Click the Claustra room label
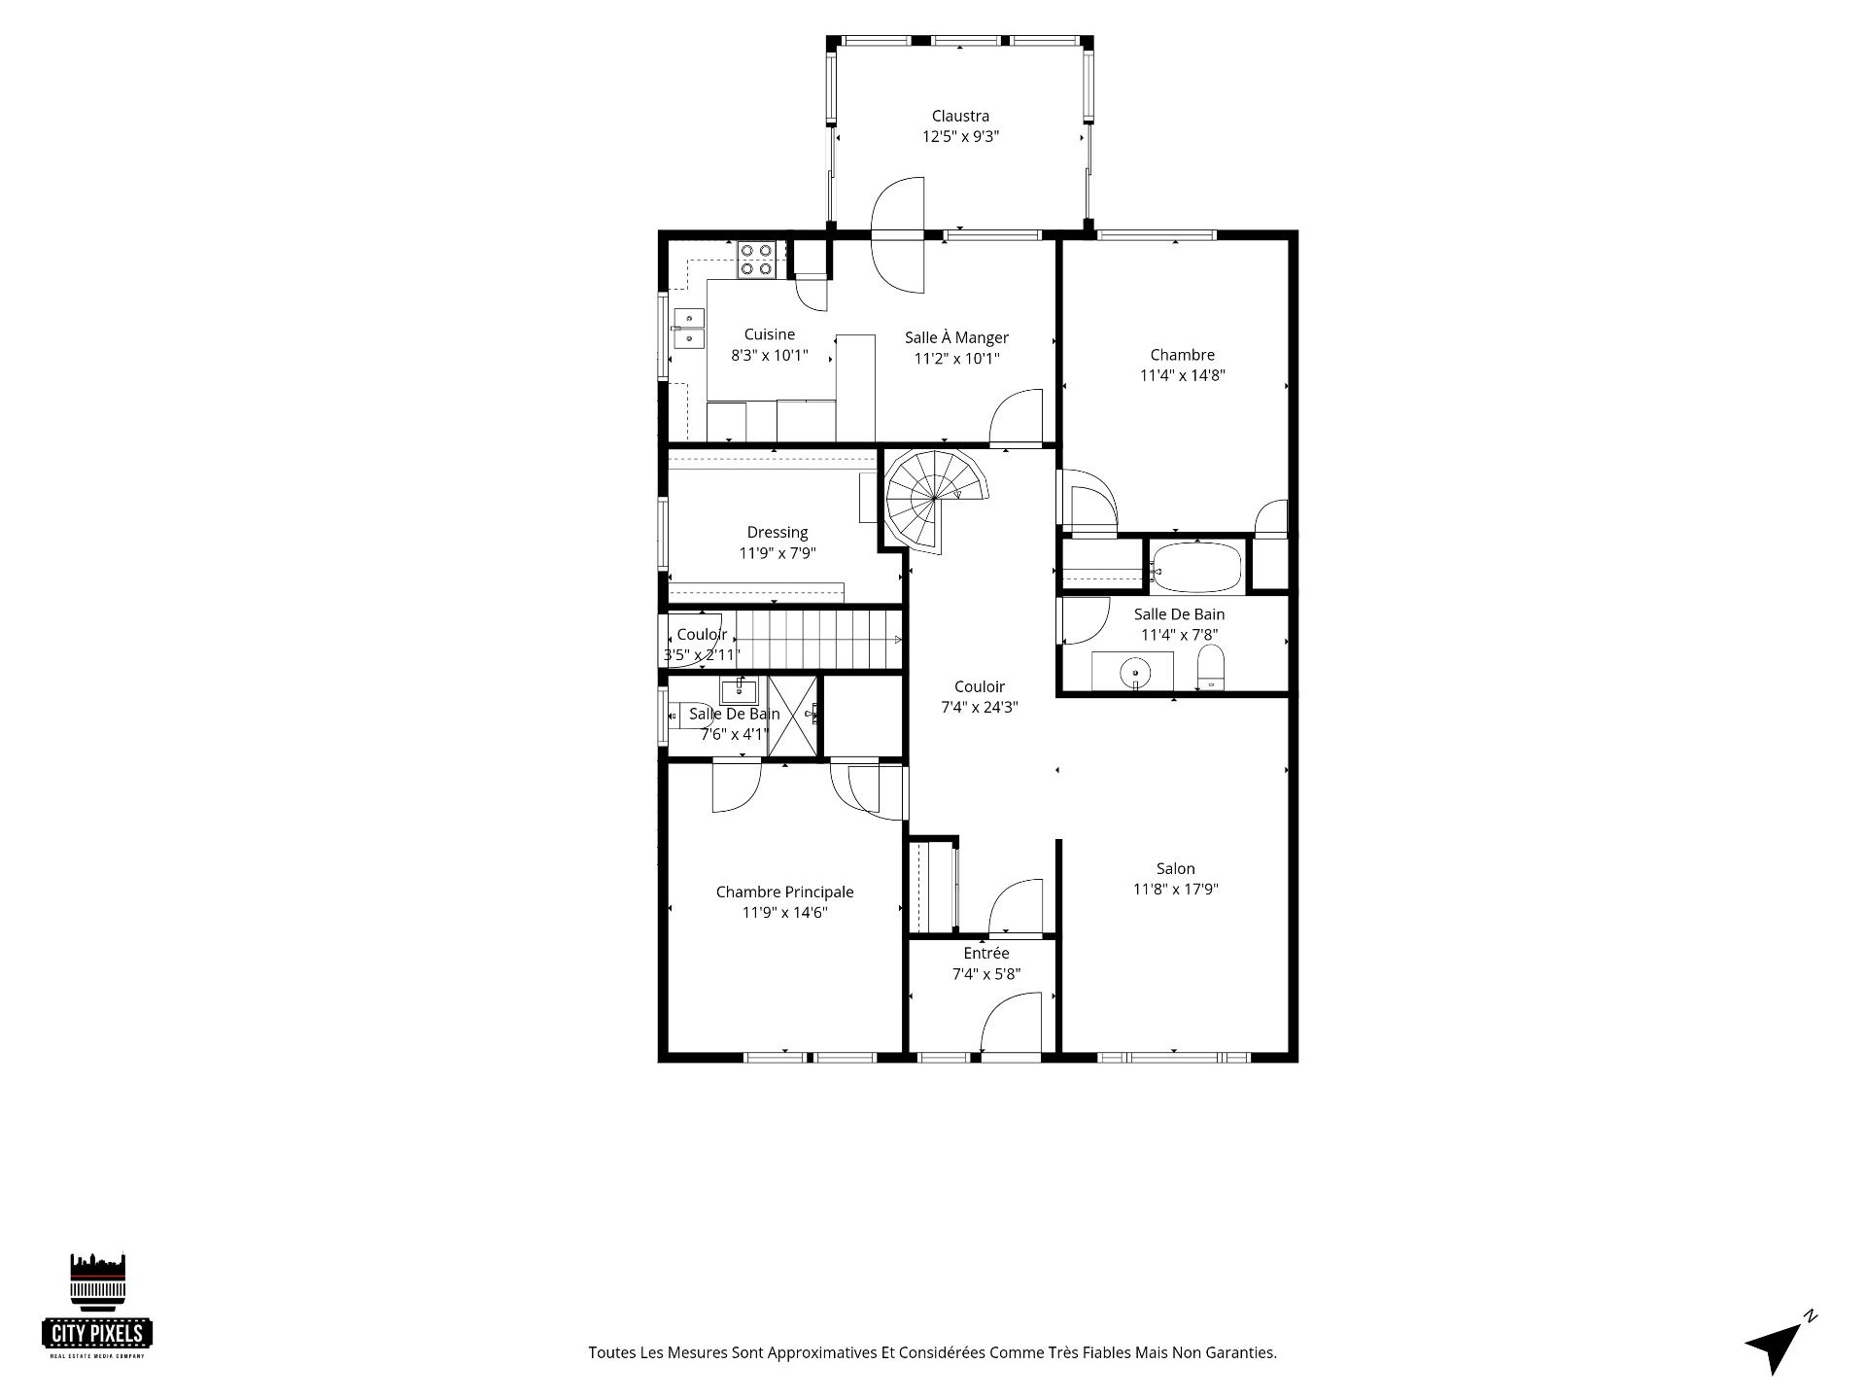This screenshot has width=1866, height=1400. click(960, 117)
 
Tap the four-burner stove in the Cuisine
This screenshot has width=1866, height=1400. click(756, 260)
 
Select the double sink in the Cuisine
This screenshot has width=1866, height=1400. click(688, 328)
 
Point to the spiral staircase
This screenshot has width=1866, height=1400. click(934, 499)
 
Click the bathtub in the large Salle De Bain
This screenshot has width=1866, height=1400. click(1196, 568)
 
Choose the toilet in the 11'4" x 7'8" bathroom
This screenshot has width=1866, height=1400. click(1211, 668)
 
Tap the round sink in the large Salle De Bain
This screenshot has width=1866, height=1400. click(1135, 672)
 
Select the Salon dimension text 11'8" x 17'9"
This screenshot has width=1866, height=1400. click(1176, 889)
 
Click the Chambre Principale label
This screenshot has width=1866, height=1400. click(785, 892)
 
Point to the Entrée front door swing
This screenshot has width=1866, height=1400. click(1011, 1022)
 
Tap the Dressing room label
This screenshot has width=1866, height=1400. click(777, 533)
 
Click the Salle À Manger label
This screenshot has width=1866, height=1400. click(957, 337)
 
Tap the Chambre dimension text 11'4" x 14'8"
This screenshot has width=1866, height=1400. click(1183, 375)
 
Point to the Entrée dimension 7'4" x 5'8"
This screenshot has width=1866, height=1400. click(986, 973)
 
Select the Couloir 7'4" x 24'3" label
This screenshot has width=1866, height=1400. click(980, 697)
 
